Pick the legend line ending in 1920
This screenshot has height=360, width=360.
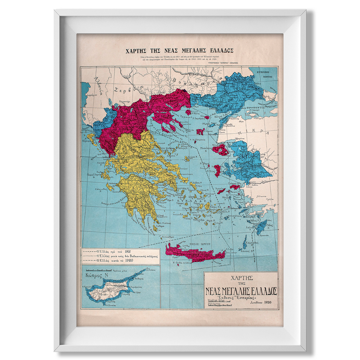click(x=120, y=260)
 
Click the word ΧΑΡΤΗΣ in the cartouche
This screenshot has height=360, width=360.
click(x=241, y=277)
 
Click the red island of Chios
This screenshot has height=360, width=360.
click(x=217, y=171)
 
